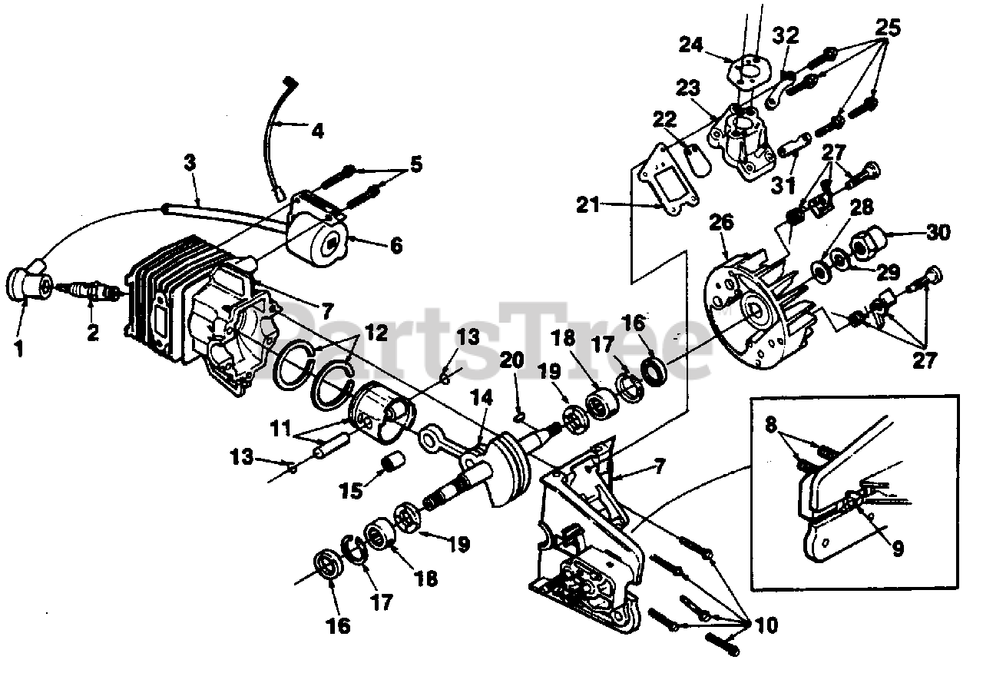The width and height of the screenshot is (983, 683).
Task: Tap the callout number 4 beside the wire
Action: point(316,130)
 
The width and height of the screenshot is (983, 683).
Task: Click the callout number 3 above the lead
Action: point(190,162)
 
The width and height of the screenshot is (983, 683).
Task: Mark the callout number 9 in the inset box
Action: point(896,549)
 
